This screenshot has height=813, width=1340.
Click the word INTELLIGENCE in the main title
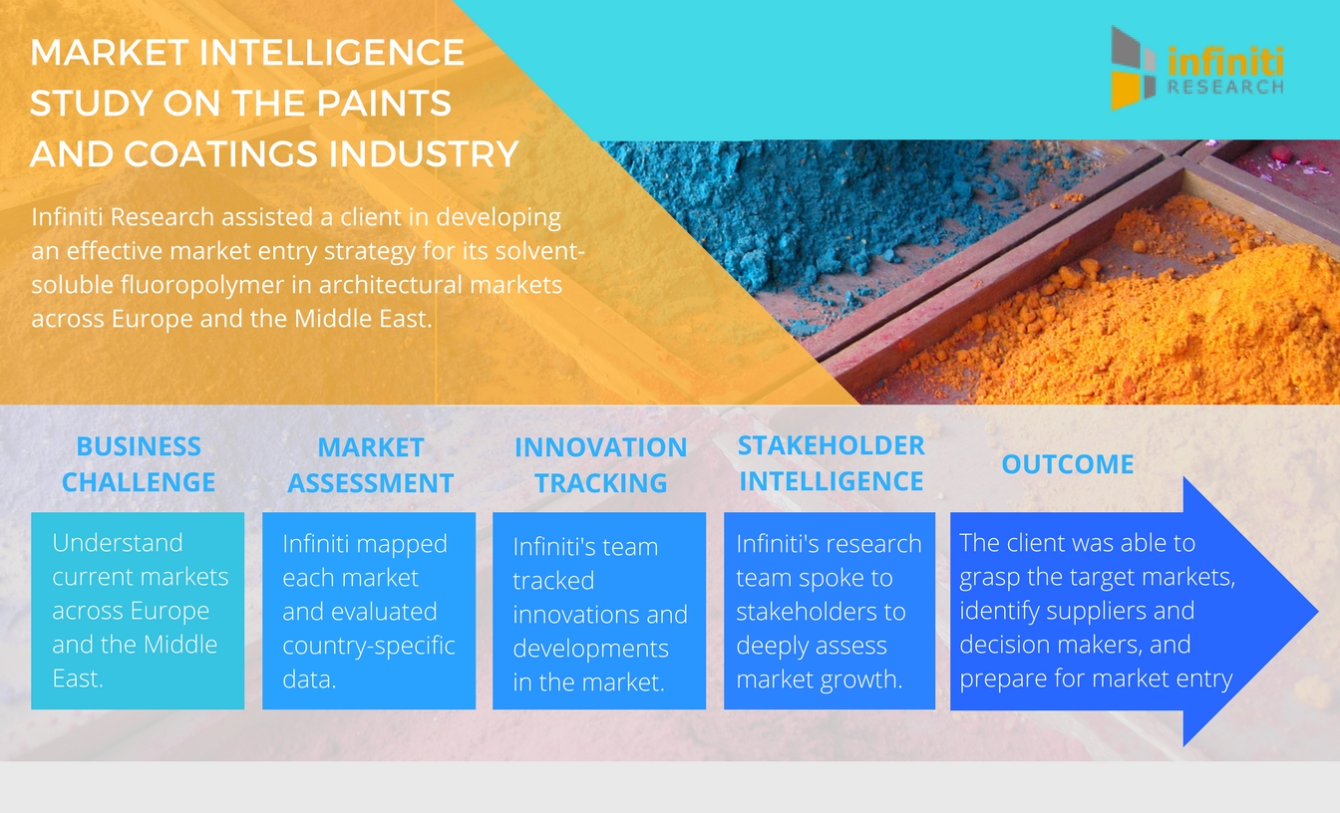tap(331, 52)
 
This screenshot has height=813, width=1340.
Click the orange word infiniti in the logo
tap(1225, 62)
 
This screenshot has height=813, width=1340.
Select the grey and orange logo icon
tap(1133, 68)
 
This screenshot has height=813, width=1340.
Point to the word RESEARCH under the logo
tap(1225, 88)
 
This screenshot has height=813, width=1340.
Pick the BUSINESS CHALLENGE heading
tap(139, 464)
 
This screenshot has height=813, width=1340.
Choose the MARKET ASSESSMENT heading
tap(370, 465)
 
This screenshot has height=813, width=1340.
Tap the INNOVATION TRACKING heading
tap(600, 465)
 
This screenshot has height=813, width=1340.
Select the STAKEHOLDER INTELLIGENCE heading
tap(831, 463)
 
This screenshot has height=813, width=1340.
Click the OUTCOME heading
tap(1067, 464)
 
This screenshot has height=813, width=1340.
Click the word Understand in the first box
tap(118, 543)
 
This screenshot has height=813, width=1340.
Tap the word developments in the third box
tap(590, 650)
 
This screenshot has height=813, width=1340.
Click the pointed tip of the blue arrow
tap(1317, 611)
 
